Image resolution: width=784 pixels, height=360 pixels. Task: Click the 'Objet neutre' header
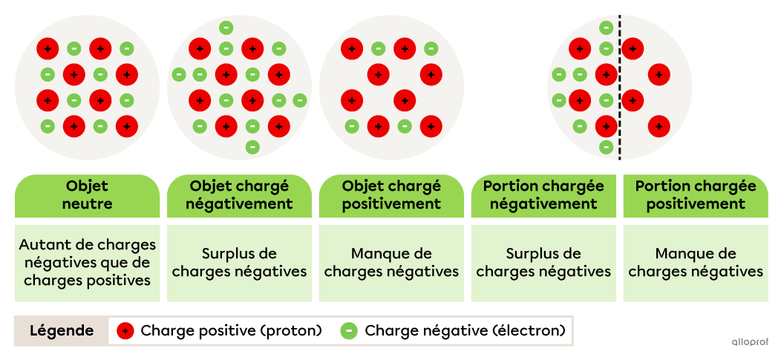[x=88, y=194]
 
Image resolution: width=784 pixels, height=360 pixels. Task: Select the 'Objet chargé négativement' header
[x=239, y=194]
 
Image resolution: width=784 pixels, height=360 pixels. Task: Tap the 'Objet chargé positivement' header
[x=391, y=194]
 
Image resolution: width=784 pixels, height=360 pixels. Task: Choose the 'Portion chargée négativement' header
[x=543, y=194]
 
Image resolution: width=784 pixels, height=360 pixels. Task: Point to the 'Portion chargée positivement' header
[x=696, y=194]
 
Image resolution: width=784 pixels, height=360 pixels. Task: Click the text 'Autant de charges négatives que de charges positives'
[x=88, y=262]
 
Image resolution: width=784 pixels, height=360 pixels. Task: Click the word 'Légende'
[x=62, y=331]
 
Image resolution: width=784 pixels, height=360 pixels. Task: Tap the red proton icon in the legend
[x=125, y=331]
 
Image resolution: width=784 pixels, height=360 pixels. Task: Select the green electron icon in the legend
[x=349, y=331]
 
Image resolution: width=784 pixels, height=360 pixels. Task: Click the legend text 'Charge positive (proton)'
[x=231, y=331]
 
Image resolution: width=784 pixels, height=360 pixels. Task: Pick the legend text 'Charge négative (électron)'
[x=465, y=331]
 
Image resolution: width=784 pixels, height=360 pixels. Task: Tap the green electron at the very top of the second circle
[x=226, y=28]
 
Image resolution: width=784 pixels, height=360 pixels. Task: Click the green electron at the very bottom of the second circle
[x=252, y=147]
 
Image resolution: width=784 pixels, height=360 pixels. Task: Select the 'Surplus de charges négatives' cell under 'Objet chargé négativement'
[x=239, y=262]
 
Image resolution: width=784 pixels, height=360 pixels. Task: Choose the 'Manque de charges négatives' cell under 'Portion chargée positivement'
[x=696, y=262]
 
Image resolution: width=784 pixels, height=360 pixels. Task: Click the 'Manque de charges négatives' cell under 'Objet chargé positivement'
[x=391, y=262]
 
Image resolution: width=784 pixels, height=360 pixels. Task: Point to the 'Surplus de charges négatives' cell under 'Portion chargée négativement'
[x=543, y=262]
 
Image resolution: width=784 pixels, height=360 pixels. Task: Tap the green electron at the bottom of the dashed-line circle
[x=606, y=147]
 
